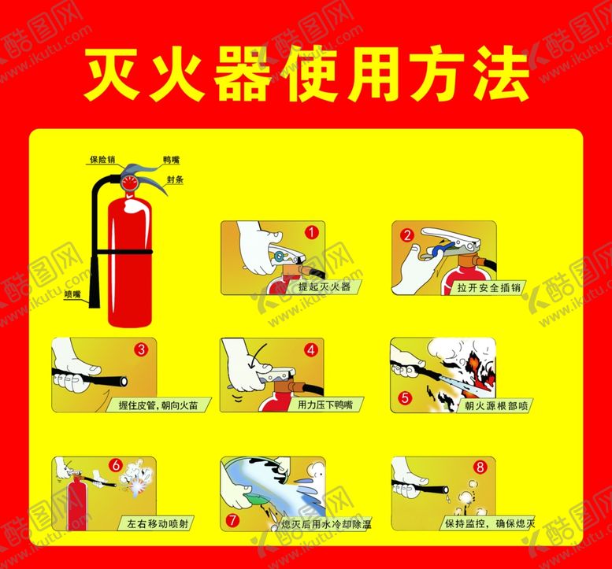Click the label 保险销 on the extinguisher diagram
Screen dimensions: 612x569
tap(102, 159)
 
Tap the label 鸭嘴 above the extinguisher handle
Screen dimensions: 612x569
tap(172, 160)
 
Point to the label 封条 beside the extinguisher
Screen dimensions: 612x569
tap(175, 179)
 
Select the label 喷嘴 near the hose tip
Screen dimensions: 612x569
tap(72, 294)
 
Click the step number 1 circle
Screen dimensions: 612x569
tap(311, 232)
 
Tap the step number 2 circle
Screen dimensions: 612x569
tap(407, 235)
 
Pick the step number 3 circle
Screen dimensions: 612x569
tap(141, 349)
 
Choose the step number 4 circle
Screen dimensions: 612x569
tap(311, 350)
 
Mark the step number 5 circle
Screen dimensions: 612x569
tap(405, 397)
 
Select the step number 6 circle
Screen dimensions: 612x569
tap(116, 465)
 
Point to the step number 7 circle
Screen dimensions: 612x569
tap(232, 520)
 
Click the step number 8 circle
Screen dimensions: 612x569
tap(480, 467)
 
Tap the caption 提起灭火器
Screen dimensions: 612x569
tap(325, 287)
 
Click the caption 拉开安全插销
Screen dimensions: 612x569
tap(488, 288)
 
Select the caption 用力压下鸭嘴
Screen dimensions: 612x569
tap(325, 405)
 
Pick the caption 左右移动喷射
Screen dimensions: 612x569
tap(158, 523)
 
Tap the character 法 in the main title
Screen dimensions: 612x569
tap(502, 73)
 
